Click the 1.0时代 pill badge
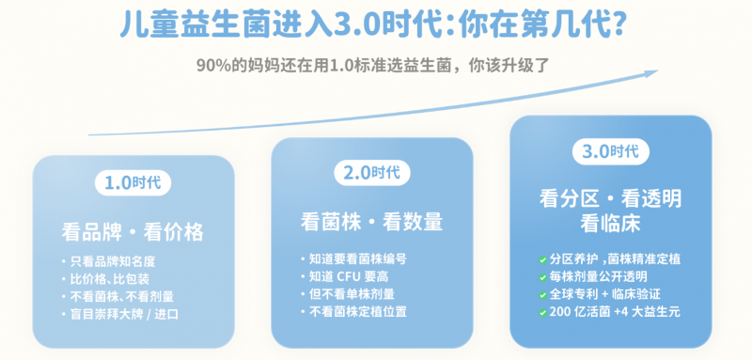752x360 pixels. [x=133, y=182]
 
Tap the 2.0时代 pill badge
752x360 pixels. [x=372, y=173]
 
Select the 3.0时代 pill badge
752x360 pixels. [x=610, y=152]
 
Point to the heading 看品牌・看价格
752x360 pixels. [x=133, y=231]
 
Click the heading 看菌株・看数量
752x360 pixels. [x=371, y=222]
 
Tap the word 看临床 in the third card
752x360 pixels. [x=610, y=224]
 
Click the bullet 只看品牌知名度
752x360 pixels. [x=113, y=261]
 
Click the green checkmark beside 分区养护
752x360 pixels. [x=542, y=260]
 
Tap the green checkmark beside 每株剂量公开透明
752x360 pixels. [x=542, y=277]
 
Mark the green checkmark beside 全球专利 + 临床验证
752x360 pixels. [x=542, y=295]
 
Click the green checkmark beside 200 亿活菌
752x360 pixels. [x=542, y=313]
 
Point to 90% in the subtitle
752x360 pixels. [x=213, y=66]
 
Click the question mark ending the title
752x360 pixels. [x=619, y=24]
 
